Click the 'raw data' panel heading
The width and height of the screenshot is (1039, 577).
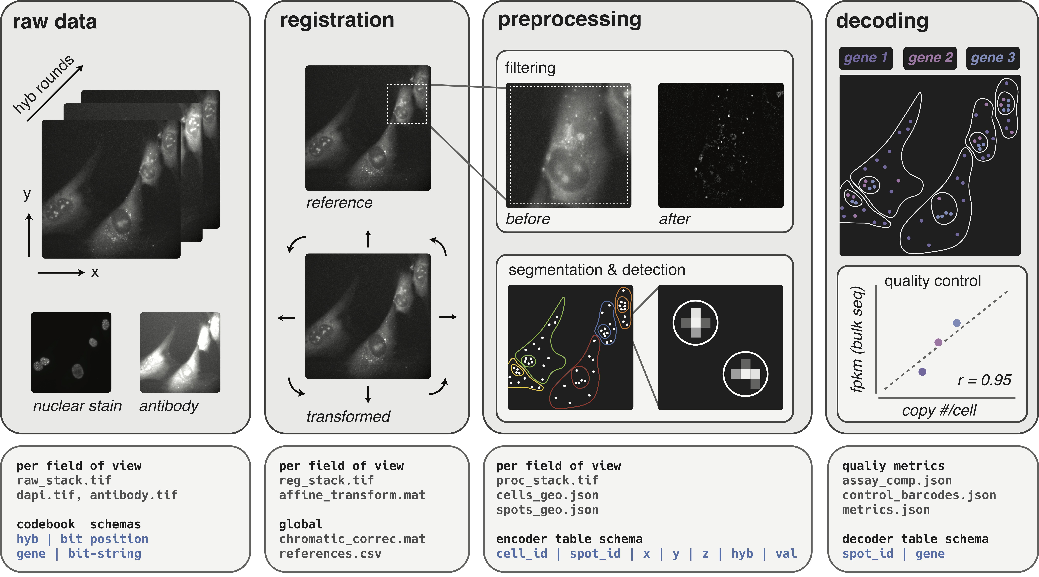point(55,22)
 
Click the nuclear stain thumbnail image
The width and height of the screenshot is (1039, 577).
point(71,352)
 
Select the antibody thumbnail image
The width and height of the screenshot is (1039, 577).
point(180,352)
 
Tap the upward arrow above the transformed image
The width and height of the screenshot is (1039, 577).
point(368,239)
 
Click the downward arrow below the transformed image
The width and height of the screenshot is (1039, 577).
point(368,394)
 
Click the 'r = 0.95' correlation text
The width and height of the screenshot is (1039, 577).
point(984,380)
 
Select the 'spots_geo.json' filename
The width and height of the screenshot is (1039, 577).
point(547,510)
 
